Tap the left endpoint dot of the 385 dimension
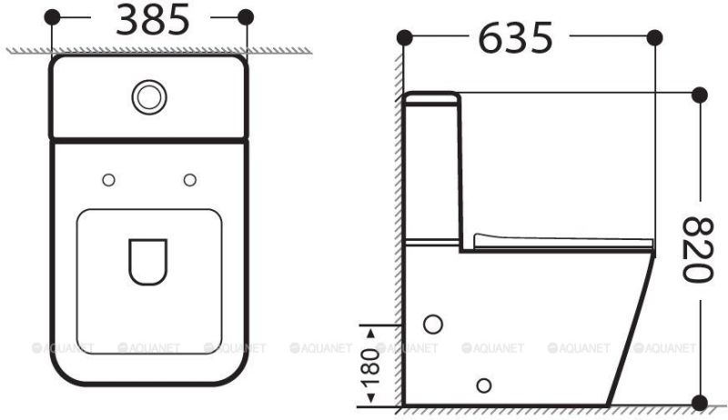pos(53,16)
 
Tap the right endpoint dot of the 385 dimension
pos(245,16)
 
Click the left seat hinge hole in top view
pos(108,180)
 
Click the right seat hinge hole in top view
pos(189,180)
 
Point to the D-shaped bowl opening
pos(147,262)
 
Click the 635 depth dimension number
pos(515,38)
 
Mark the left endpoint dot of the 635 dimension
pos(404,36)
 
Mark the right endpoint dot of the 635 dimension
pos(653,36)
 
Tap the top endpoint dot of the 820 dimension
pos(699,94)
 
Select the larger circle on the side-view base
pos(434,324)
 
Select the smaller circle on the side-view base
pos(484,383)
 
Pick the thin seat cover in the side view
pos(564,241)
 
